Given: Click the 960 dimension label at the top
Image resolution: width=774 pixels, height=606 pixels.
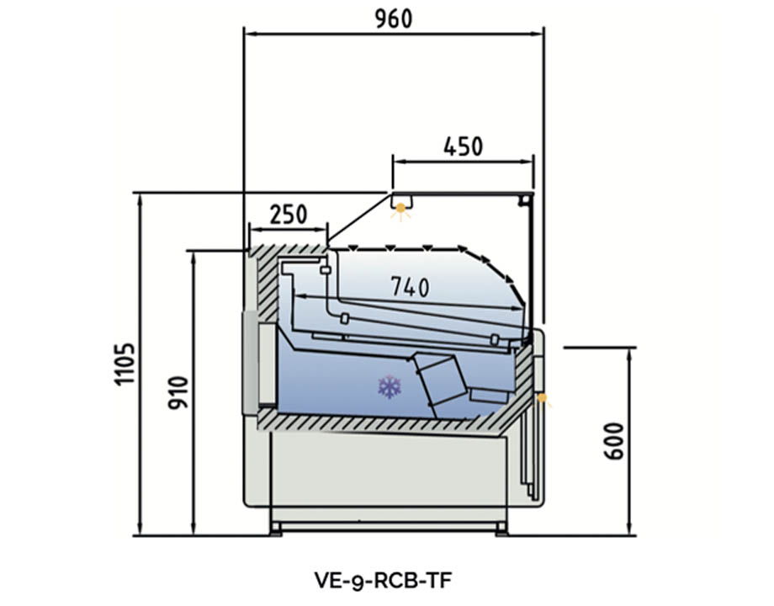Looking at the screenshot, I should click(394, 18).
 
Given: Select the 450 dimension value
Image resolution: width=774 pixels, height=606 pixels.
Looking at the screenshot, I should click(464, 146).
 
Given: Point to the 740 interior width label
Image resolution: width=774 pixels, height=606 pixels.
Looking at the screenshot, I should click(410, 287).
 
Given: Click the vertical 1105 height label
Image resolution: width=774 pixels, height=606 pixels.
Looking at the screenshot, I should click(124, 364).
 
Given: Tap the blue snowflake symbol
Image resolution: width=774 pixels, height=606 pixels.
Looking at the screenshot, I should click(389, 387).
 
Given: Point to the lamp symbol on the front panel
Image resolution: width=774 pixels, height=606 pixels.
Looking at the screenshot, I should click(542, 396).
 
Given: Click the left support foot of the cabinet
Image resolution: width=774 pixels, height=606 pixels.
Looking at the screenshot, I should click(275, 528).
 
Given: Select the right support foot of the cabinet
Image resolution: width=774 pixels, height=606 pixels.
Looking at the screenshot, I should click(501, 528).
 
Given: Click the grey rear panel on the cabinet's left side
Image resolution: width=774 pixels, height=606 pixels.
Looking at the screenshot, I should click(250, 362).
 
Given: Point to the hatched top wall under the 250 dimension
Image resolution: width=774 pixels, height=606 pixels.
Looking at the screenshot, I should click(290, 251).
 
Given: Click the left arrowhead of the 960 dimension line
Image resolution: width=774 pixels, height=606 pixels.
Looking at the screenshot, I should click(249, 35).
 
